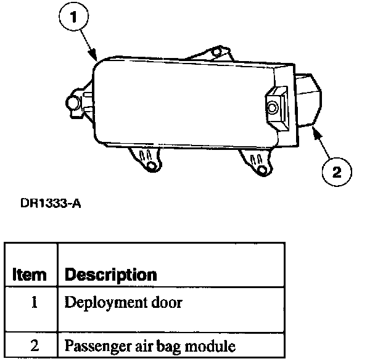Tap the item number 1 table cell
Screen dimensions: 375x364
coord(35,304)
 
